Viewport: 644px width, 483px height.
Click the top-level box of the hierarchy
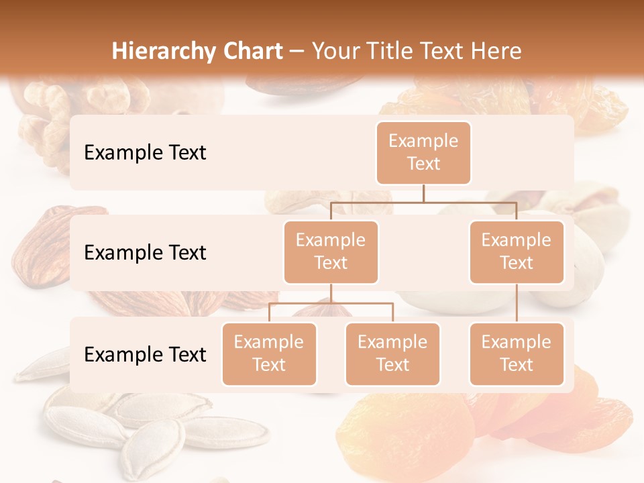click(x=423, y=152)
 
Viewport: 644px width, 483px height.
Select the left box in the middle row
click(x=331, y=252)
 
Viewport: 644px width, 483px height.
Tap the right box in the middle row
click(x=517, y=252)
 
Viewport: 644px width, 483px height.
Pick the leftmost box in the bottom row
click(x=269, y=354)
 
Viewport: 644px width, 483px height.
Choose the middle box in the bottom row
click(x=392, y=354)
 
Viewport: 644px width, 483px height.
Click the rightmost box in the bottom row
click(x=517, y=354)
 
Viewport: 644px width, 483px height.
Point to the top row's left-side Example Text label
click(x=145, y=152)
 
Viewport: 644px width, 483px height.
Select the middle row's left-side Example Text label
click(x=145, y=252)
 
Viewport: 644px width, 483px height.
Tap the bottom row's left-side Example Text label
click(x=145, y=354)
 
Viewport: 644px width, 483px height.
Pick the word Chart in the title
click(x=252, y=51)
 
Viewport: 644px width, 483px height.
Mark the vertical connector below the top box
click(x=423, y=193)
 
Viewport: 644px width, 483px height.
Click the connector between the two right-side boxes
click(x=517, y=303)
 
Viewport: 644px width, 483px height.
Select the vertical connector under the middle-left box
click(x=331, y=293)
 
